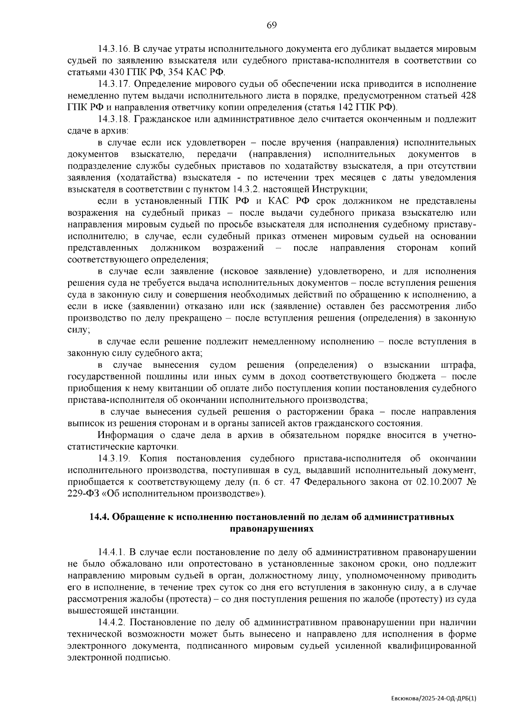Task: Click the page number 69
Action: tap(271, 26)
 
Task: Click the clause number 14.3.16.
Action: tap(113, 49)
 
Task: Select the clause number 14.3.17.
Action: tap(113, 84)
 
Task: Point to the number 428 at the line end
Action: tap(468, 96)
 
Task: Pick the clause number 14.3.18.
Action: tap(113, 119)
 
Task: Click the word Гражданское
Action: tap(159, 119)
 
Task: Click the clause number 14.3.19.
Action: tap(113, 458)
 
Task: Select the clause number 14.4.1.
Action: tap(111, 552)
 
